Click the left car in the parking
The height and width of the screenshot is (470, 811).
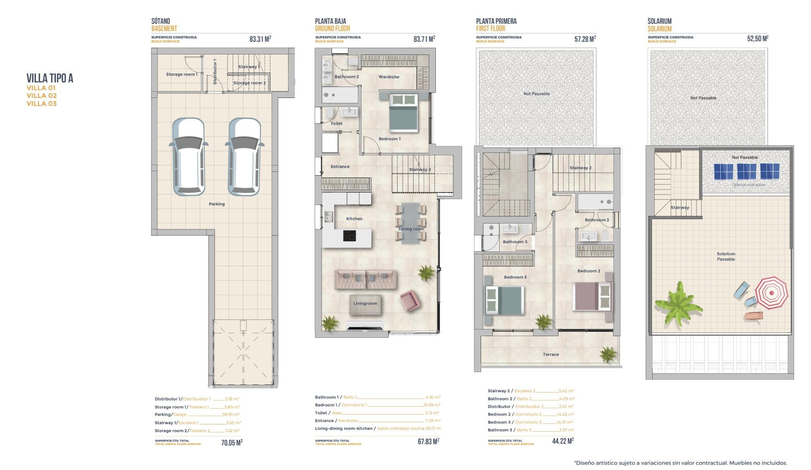tap(188, 157)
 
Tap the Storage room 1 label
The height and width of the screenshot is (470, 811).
tap(181, 74)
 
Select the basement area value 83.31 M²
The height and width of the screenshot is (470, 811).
tap(260, 39)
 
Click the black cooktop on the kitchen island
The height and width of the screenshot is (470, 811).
tap(349, 236)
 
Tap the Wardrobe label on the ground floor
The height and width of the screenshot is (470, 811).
tap(389, 77)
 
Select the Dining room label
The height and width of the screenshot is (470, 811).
tap(411, 229)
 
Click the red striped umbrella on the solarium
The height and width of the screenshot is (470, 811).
tap(771, 293)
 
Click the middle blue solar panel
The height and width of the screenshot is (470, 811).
tap(746, 171)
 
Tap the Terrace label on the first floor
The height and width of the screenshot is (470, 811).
tap(550, 354)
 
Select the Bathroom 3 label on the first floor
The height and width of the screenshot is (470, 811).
tap(514, 242)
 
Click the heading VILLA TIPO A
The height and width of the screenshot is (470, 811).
tap(50, 78)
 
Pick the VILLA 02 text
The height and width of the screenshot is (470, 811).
tap(41, 96)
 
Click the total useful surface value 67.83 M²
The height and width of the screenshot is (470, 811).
tap(428, 441)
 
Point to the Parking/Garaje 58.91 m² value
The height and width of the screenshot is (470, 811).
tap(231, 415)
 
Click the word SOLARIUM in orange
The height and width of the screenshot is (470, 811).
tap(659, 29)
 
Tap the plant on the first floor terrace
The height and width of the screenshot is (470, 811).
tap(608, 354)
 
